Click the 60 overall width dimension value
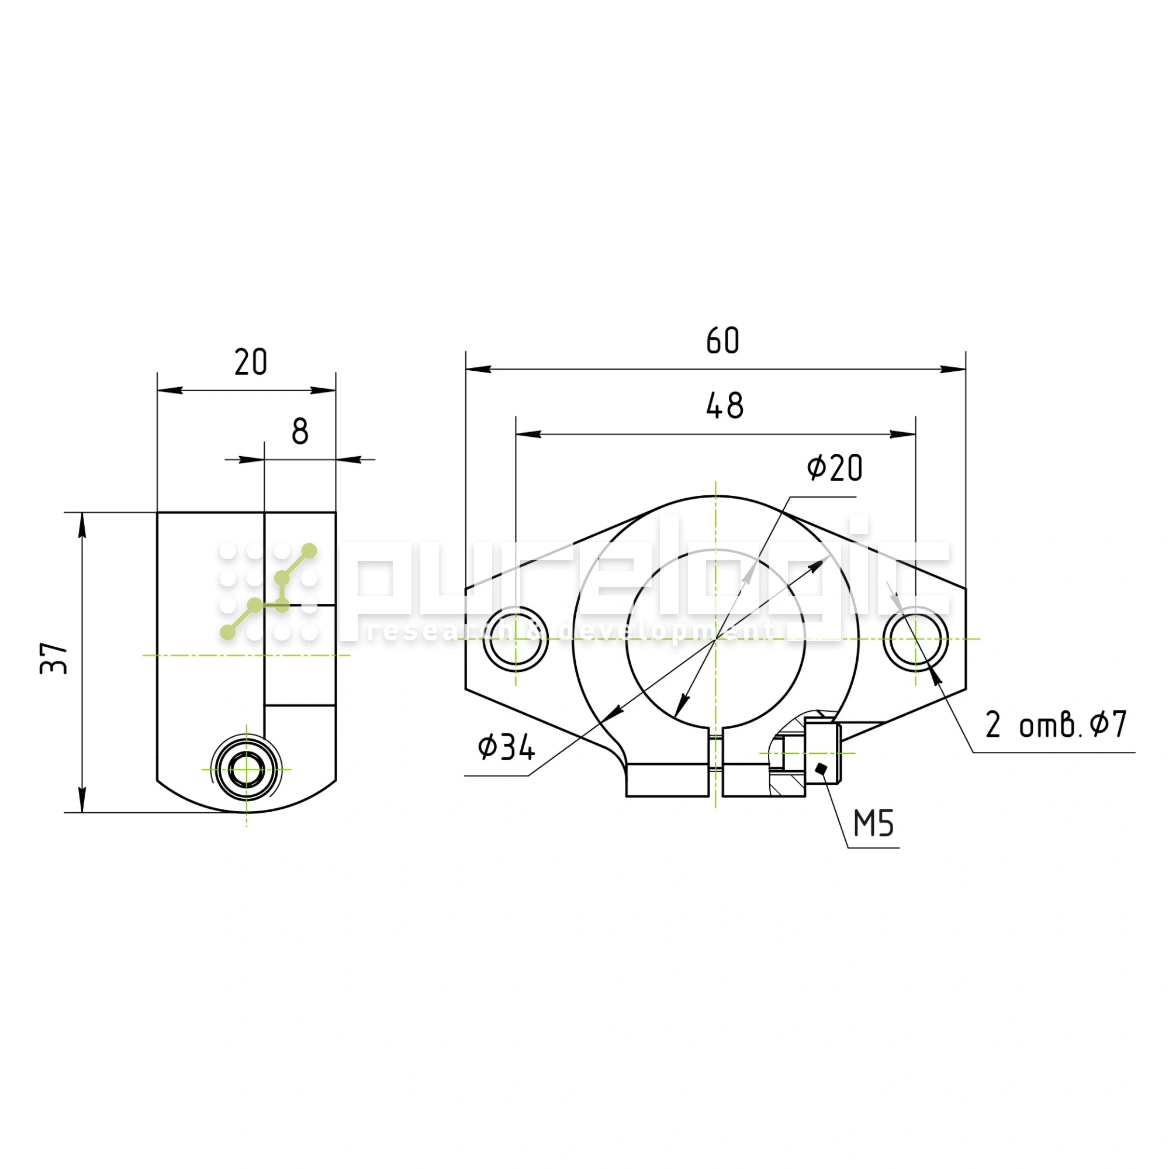point(722,341)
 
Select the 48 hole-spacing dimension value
point(725,406)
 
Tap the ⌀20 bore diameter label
point(835,468)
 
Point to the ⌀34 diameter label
point(506,747)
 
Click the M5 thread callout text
point(874,824)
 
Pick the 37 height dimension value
point(54,658)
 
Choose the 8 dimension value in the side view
point(300,432)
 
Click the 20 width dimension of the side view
point(251,363)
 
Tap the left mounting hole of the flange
point(516,639)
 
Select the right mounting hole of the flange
point(915,639)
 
